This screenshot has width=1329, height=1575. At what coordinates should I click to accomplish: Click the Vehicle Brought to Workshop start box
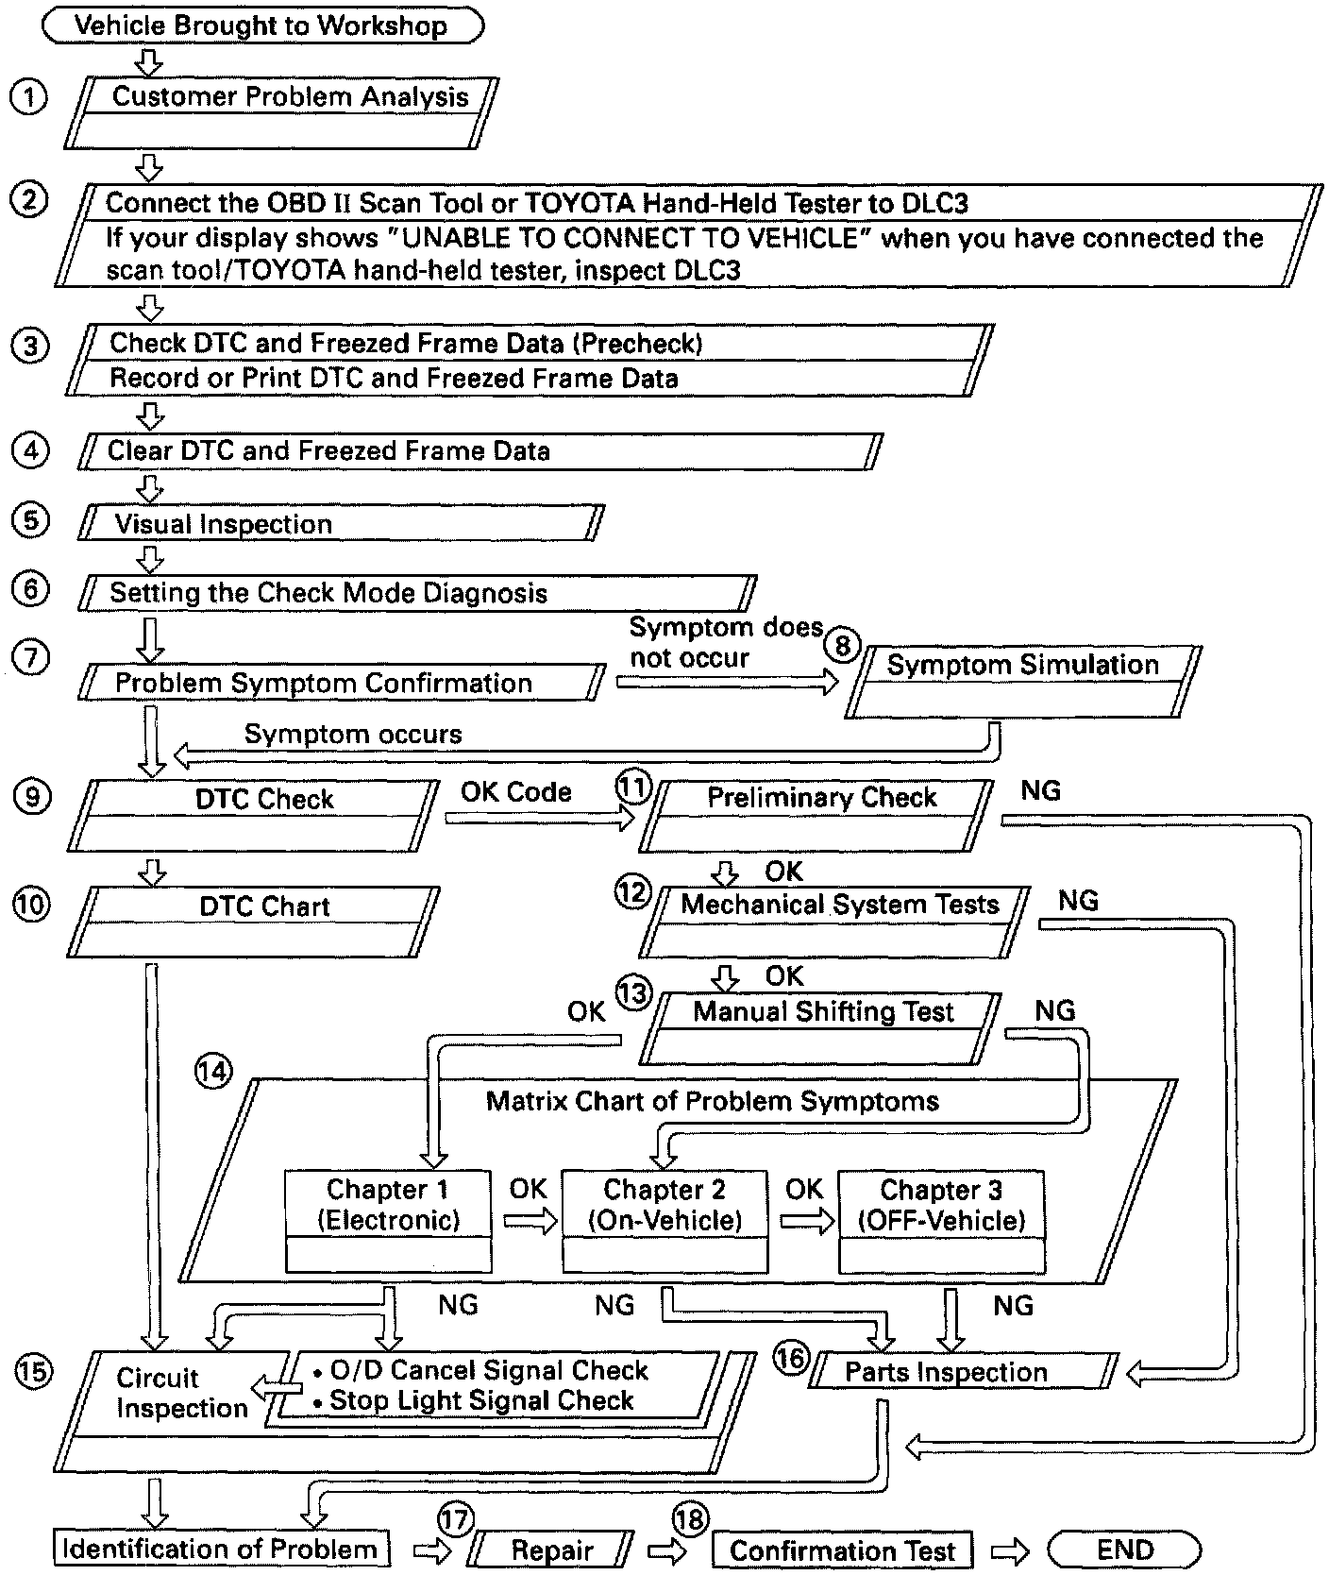[x=262, y=25]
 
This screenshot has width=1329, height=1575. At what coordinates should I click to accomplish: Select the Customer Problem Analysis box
[x=281, y=112]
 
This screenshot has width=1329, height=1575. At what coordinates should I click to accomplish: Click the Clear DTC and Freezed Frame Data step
[x=479, y=451]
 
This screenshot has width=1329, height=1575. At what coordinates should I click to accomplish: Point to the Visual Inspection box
[x=340, y=523]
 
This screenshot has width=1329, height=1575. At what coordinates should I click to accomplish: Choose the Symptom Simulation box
[x=1022, y=681]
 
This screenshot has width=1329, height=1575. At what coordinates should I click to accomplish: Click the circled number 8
[x=843, y=646]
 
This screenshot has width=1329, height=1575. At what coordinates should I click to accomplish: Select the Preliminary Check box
[x=817, y=815]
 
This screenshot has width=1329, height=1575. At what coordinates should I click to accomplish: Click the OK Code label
[x=516, y=792]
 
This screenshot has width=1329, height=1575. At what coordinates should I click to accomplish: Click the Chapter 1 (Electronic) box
[x=388, y=1221]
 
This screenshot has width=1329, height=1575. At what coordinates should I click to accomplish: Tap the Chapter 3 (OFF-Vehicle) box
[x=941, y=1221]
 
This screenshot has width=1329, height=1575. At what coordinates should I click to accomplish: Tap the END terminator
[x=1125, y=1550]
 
